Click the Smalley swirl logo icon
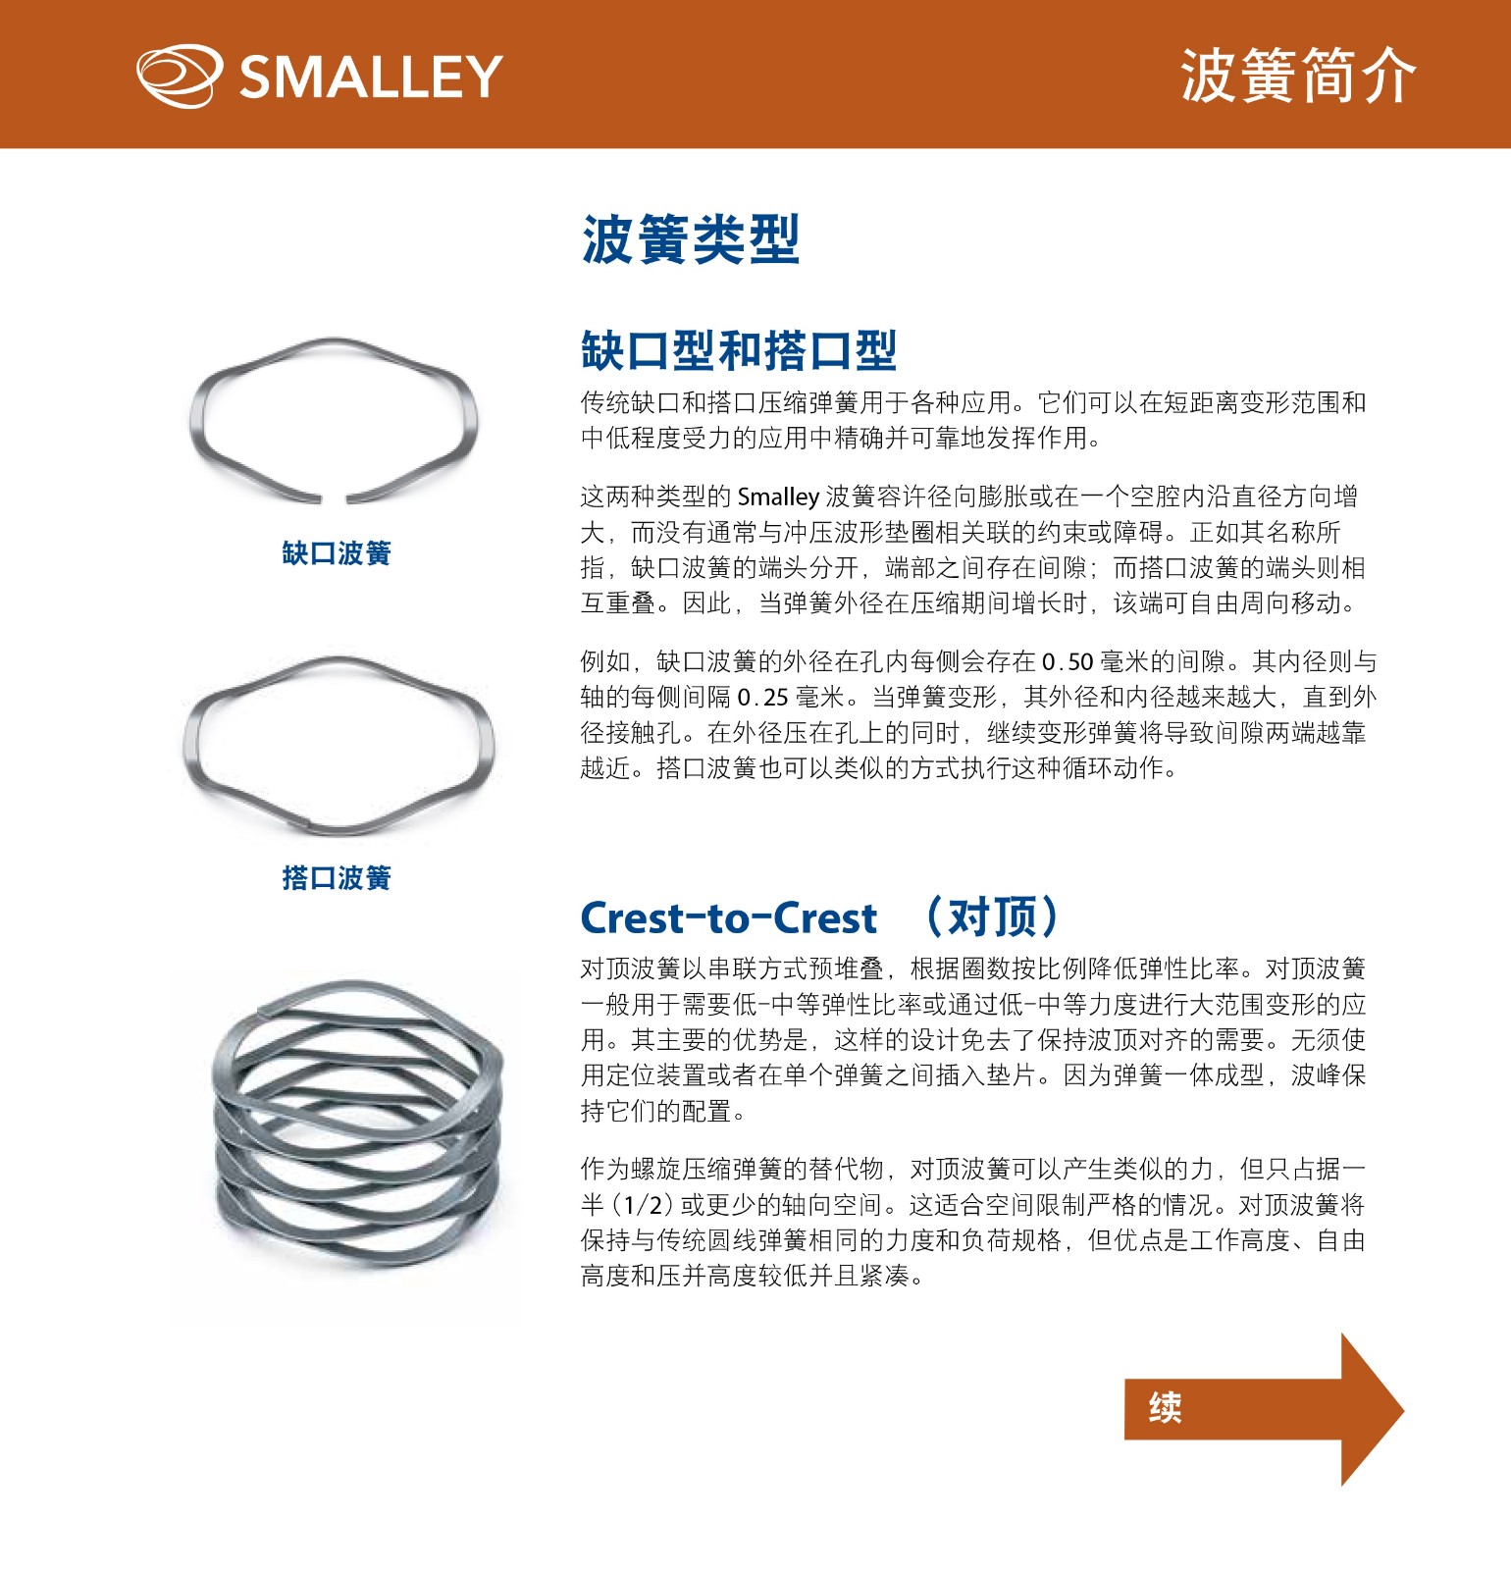(180, 76)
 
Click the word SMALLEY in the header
(371, 77)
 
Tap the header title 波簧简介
(1298, 76)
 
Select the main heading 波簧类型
(691, 239)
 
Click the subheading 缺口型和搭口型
(739, 350)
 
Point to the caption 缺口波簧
(337, 553)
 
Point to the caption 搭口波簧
(337, 877)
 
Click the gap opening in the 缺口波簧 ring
(334, 497)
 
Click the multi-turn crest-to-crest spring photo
(358, 1124)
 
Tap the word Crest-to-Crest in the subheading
(728, 918)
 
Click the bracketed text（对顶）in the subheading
(992, 917)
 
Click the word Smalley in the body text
(778, 497)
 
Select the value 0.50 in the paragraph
(1068, 662)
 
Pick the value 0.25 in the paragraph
(763, 698)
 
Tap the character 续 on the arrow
(1165, 1407)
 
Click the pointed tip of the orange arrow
(1403, 1411)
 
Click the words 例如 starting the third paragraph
(605, 662)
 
